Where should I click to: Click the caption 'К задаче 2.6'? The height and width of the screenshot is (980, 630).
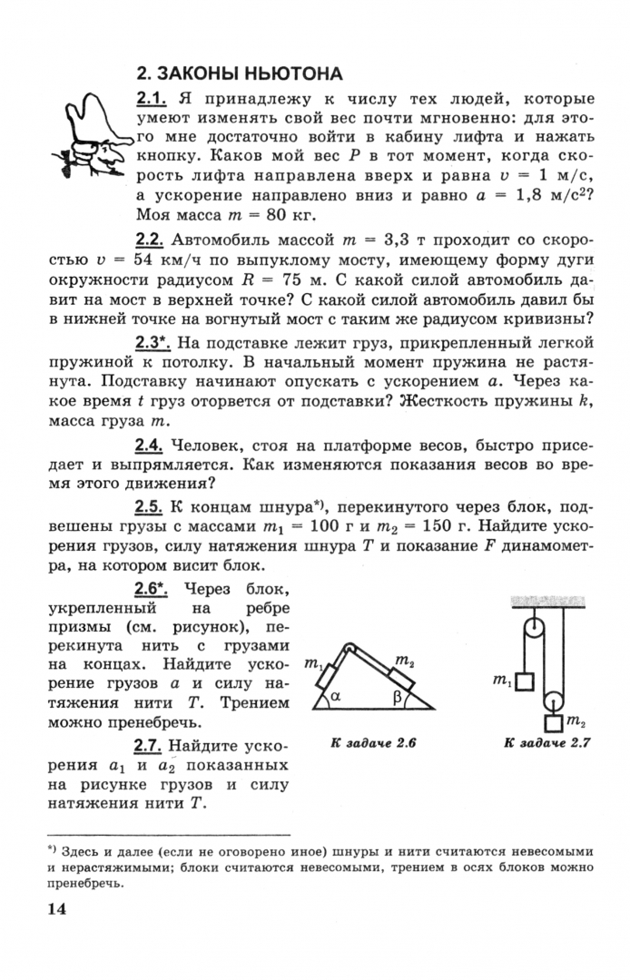[373, 744]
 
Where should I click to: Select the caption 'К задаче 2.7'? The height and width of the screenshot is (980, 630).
[547, 744]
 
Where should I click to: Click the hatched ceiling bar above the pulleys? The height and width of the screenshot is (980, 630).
[546, 601]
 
